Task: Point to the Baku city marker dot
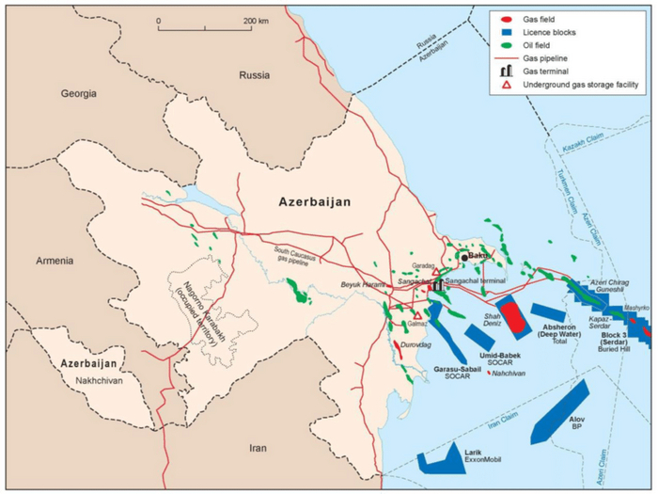point(463,256)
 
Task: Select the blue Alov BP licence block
point(561,412)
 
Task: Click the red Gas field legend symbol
point(507,19)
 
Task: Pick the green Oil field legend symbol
point(507,44)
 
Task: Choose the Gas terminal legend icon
point(507,71)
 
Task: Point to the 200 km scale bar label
point(256,20)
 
